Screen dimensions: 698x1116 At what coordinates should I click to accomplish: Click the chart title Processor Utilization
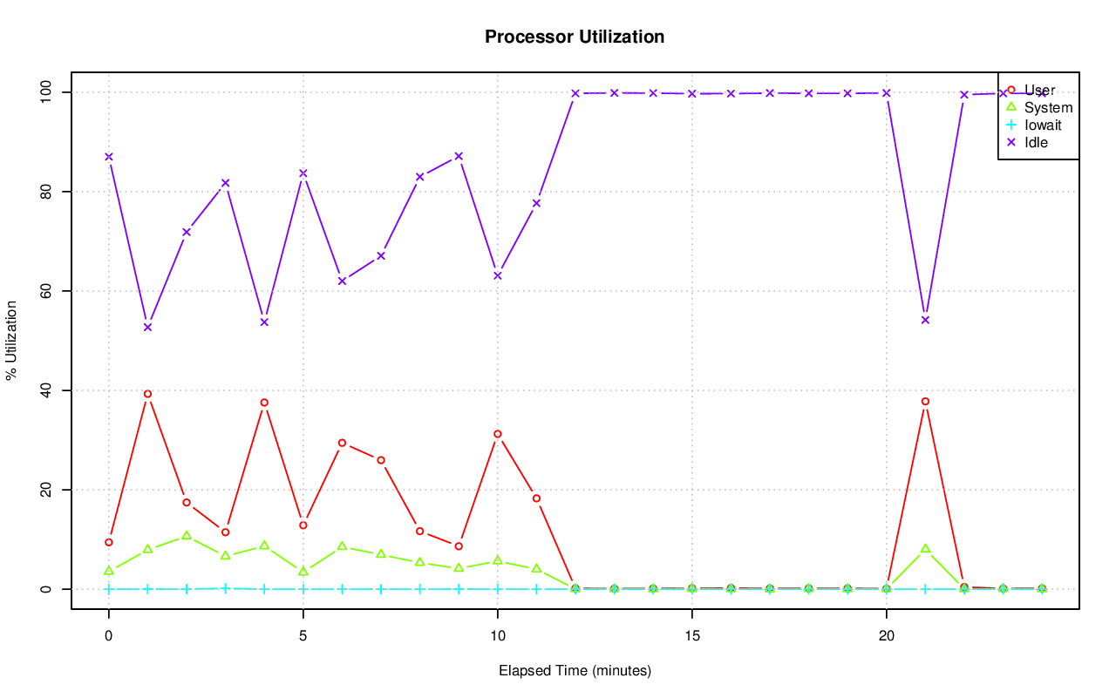[x=575, y=37]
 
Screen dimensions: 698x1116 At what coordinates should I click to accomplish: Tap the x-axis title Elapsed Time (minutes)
[x=575, y=671]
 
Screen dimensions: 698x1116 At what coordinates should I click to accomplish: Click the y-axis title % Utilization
[x=11, y=340]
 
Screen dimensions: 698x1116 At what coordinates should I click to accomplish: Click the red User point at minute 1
[x=147, y=394]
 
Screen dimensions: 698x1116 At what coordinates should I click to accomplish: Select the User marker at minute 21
[x=925, y=402]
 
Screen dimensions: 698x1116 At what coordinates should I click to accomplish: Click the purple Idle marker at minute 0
[x=109, y=157]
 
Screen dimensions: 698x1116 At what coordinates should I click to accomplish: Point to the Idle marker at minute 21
[x=925, y=320]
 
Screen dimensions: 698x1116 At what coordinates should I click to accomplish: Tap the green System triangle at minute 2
[x=187, y=535]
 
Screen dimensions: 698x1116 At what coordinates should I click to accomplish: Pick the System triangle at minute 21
[x=925, y=548]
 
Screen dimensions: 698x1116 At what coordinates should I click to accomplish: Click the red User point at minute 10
[x=498, y=434]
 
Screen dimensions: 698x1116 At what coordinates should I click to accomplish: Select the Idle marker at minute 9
[x=459, y=156]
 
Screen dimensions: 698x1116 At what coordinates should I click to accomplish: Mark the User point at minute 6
[x=342, y=443]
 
